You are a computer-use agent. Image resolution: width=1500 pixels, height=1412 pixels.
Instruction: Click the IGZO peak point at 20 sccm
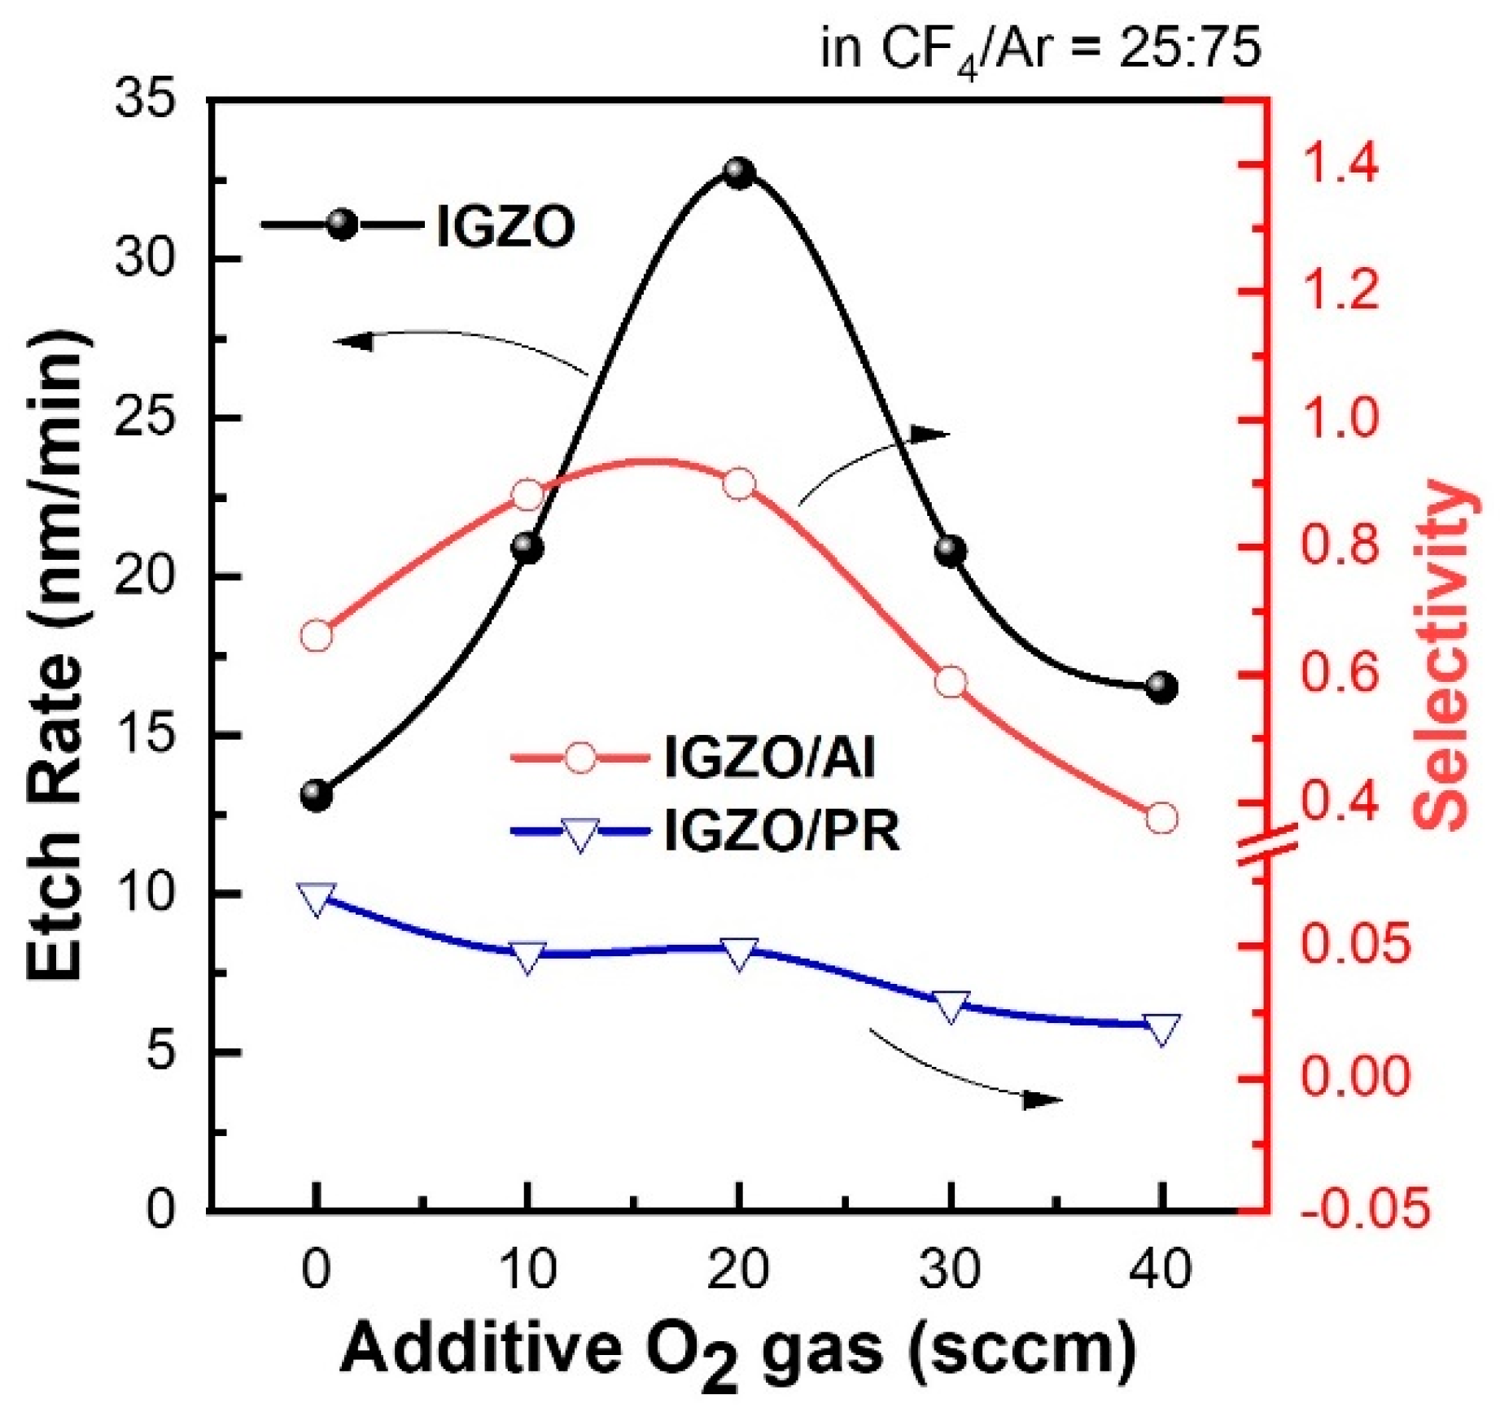[x=739, y=173]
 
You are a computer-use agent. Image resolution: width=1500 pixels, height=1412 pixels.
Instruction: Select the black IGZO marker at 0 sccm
[x=317, y=795]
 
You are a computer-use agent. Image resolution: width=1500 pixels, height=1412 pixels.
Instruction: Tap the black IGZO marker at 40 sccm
[x=1161, y=689]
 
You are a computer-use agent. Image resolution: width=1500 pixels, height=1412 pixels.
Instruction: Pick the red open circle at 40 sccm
[x=1161, y=818]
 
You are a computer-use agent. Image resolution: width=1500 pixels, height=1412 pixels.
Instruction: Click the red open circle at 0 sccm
[x=317, y=636]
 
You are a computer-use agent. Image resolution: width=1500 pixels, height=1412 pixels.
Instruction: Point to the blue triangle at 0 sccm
[x=317, y=898]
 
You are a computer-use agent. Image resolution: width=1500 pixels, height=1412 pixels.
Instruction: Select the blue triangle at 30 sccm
[x=951, y=1006]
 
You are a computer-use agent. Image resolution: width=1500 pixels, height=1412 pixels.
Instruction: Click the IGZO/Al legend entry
[x=769, y=757]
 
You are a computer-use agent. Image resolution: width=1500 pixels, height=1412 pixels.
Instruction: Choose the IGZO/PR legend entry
[x=781, y=831]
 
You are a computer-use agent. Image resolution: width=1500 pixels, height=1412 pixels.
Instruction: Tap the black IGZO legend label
[x=505, y=226]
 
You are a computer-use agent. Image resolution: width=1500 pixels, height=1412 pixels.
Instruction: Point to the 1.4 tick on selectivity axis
[x=1340, y=162]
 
